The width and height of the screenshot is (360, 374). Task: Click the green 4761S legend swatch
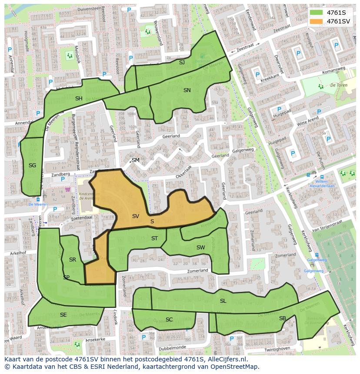click(316, 12)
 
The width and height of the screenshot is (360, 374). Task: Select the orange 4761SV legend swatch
click(316, 21)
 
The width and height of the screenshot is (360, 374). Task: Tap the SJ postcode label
click(182, 63)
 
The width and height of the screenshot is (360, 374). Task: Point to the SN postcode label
click(187, 90)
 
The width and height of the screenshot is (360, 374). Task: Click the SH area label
click(79, 99)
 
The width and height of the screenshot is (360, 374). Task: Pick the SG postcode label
click(32, 165)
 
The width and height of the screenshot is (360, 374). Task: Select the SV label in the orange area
click(135, 216)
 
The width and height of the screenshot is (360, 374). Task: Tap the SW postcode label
click(200, 248)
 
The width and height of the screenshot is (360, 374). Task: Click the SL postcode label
click(223, 301)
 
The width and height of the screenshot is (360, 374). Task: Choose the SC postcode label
click(169, 320)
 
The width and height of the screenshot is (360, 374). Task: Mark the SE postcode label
click(63, 315)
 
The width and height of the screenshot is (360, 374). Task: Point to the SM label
click(136, 160)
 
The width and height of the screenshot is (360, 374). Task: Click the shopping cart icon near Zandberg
click(67, 189)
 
